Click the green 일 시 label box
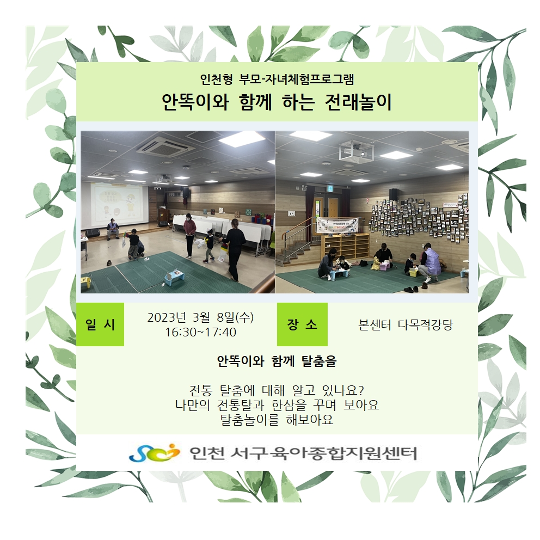click(100, 324)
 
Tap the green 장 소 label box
click(302, 324)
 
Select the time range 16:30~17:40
click(200, 333)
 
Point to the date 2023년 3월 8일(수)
click(200, 317)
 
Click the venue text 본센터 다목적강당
click(406, 325)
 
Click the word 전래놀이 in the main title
click(358, 102)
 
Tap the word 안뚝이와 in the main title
click(195, 102)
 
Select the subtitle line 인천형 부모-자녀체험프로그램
click(277, 79)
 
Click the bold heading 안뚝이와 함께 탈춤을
click(277, 361)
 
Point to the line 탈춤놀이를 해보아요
click(277, 420)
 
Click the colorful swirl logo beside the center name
click(154, 452)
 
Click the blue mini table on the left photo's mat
click(174, 276)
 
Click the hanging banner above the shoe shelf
click(337, 225)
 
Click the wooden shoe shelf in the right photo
click(345, 246)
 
